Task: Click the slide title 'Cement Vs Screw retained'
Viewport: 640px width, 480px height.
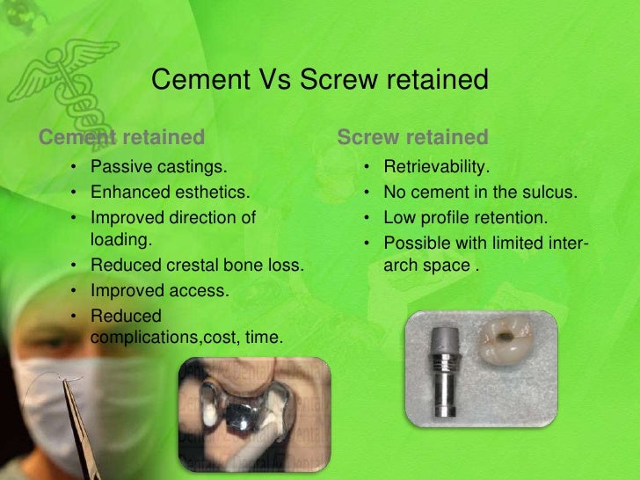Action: point(320,80)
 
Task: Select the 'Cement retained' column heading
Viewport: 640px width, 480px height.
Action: point(123,137)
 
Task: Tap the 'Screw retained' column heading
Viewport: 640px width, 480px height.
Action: point(412,137)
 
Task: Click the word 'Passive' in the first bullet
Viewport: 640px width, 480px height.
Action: point(120,166)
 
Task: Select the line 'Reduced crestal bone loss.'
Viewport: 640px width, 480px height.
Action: point(197,262)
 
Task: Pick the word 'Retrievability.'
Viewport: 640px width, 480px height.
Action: point(437,166)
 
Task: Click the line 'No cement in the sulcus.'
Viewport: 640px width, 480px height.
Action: point(480,191)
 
